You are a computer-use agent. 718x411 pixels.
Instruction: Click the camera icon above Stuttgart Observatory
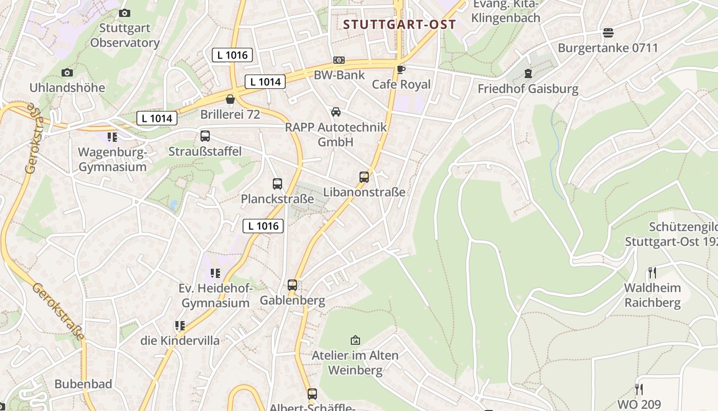(124, 13)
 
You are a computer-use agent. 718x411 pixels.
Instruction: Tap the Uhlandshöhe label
(67, 88)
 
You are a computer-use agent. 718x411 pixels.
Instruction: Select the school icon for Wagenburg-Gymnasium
(112, 137)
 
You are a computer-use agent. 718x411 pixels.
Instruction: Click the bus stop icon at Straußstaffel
(205, 136)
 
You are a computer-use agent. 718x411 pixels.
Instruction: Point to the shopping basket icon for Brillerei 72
(230, 99)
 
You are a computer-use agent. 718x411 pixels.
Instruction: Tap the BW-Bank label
(340, 75)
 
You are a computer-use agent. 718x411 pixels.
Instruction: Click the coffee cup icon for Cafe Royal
(401, 69)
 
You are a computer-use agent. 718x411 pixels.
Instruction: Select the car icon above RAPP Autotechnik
(336, 112)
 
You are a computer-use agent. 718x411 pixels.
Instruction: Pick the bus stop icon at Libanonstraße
(364, 177)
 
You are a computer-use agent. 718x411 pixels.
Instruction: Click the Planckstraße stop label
(277, 199)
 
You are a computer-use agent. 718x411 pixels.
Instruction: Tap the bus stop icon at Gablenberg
(292, 285)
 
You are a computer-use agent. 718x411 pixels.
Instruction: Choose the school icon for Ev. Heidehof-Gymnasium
(215, 273)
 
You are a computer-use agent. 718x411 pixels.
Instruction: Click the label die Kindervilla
(180, 341)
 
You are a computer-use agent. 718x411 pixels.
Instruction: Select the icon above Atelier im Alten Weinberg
(355, 340)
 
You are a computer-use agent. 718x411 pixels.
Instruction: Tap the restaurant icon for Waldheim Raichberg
(652, 272)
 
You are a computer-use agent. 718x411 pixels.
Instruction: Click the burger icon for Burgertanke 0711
(608, 33)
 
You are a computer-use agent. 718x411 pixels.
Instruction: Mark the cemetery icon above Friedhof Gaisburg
(528, 73)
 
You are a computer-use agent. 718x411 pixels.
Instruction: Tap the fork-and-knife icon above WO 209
(639, 389)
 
